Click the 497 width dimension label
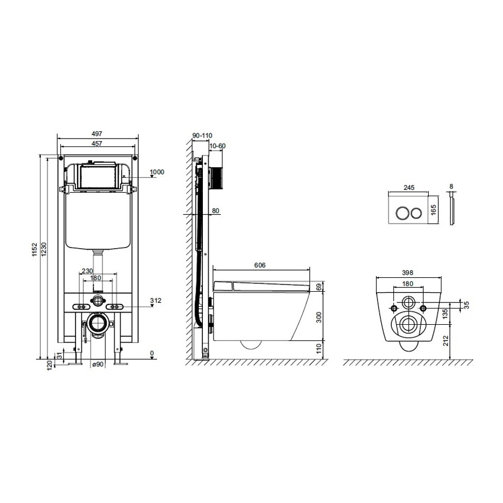click(97, 134)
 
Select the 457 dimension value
click(97, 144)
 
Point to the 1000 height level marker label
click(157, 172)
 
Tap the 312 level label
click(155, 301)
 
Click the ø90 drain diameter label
click(98, 364)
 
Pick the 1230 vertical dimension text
click(44, 249)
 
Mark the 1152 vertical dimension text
click(35, 250)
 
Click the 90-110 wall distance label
click(202, 136)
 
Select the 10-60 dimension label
click(217, 146)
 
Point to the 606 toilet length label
click(260, 265)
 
